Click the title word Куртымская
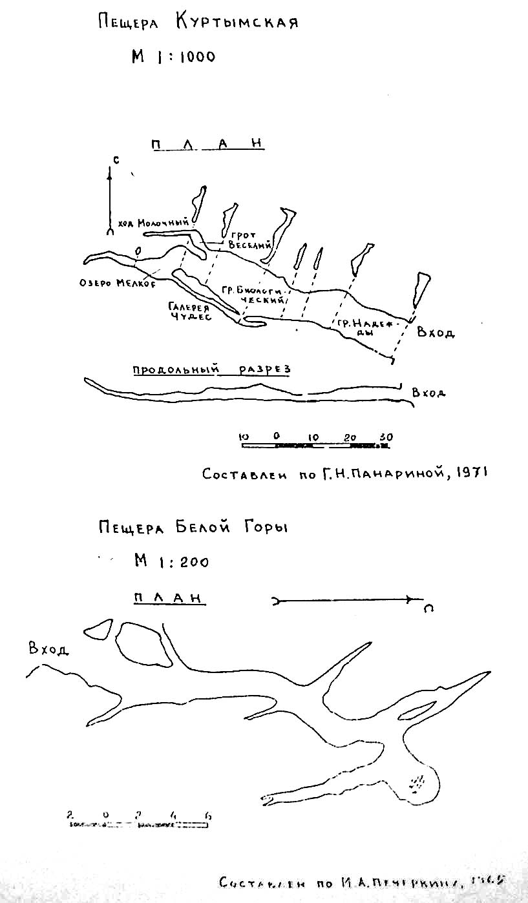(x=237, y=23)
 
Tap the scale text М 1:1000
(x=173, y=57)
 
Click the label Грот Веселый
(x=248, y=241)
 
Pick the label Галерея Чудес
(x=191, y=312)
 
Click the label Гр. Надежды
(x=357, y=324)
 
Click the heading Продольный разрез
(x=211, y=369)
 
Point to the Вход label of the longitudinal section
(x=428, y=393)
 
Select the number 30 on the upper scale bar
(x=386, y=437)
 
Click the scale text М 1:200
(x=171, y=561)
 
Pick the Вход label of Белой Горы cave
(x=48, y=649)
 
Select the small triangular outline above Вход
(x=98, y=628)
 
